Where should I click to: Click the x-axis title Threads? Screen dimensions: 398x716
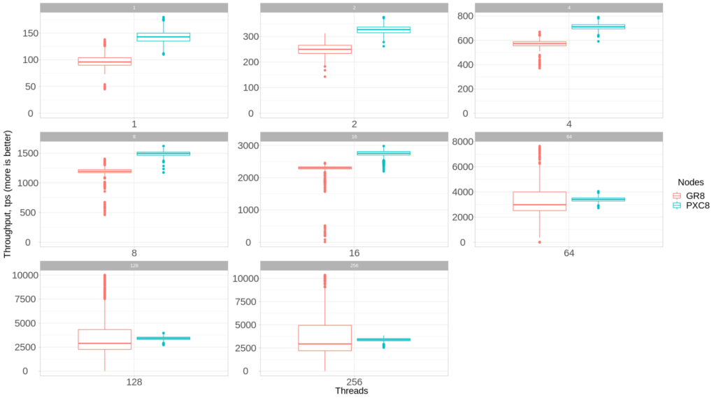coord(351,391)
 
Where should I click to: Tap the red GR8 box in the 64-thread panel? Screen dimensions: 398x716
coord(539,201)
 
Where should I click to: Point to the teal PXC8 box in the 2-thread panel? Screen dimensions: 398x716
coord(383,29)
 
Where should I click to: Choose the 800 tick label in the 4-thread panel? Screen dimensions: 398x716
coord(466,16)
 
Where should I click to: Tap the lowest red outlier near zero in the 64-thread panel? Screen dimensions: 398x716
coord(539,242)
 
